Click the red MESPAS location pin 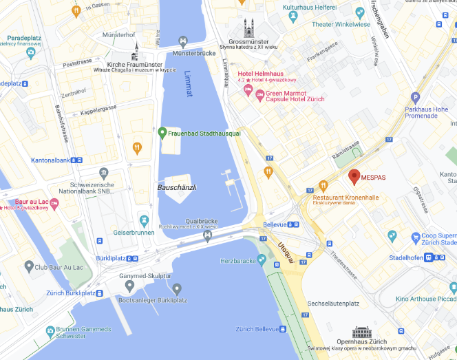pos(354,177)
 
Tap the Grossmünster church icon pos(248,28)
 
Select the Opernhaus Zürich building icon pos(361,332)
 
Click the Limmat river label pos(189,83)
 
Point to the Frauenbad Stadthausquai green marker pos(162,132)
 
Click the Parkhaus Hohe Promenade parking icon pos(414,98)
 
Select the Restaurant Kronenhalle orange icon pos(323,185)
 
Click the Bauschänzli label pos(177,187)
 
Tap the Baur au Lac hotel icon pos(54,202)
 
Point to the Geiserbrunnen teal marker pos(144,221)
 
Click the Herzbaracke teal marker pos(262,260)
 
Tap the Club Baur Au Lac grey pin pos(29,266)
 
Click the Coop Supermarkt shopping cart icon pos(415,237)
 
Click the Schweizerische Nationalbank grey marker pos(104,173)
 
